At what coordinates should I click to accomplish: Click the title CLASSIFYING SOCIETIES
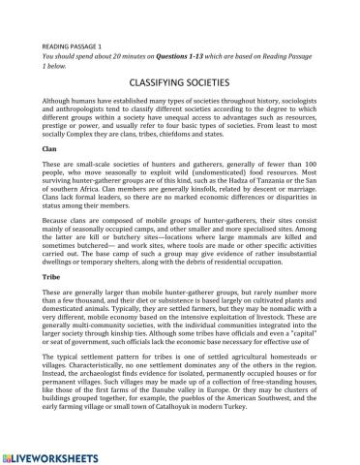click(x=180, y=85)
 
